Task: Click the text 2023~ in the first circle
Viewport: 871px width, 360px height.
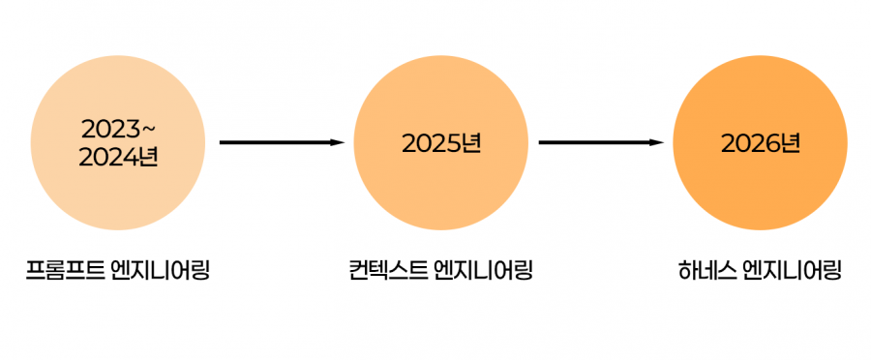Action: click(118, 130)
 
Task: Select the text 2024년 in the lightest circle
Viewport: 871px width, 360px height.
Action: click(118, 157)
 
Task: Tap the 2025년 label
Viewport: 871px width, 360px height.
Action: click(441, 144)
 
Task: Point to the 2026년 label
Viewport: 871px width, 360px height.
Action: click(761, 144)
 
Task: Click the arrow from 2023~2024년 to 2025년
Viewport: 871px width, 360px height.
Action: click(283, 143)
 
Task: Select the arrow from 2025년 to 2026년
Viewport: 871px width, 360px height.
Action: click(602, 143)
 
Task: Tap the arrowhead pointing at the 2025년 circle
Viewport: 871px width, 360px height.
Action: click(339, 143)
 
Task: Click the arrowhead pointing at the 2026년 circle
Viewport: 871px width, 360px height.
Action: click(657, 143)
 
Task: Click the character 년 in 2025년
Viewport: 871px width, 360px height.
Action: click(471, 144)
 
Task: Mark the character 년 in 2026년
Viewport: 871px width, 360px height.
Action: click(791, 144)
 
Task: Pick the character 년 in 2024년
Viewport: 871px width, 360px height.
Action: click(149, 157)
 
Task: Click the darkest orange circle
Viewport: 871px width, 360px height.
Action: click(761, 143)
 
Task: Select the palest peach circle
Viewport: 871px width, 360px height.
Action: click(118, 143)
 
